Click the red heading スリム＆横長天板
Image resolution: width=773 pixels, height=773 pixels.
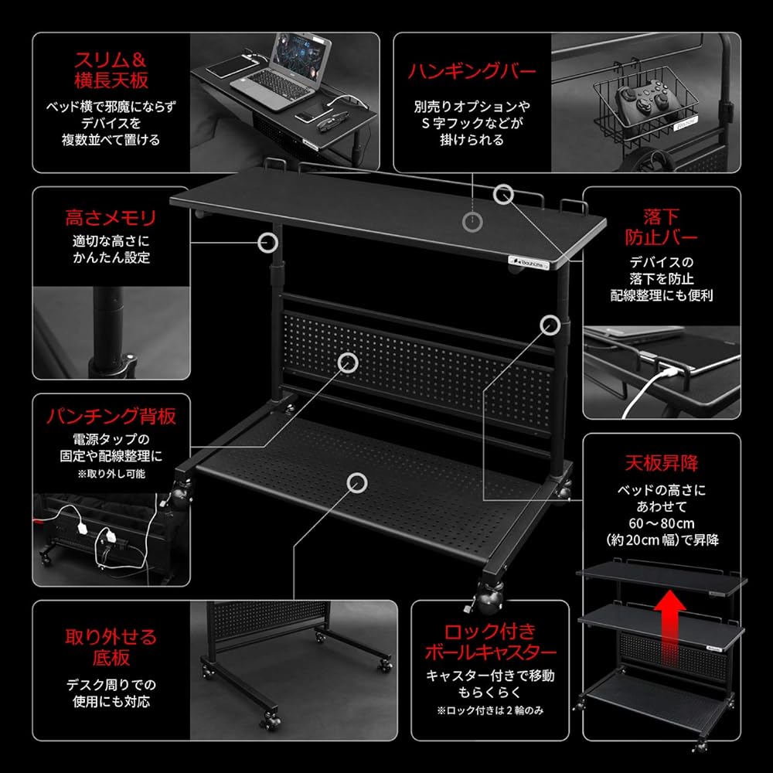click(111, 69)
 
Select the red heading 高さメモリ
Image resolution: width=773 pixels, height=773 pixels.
click(110, 217)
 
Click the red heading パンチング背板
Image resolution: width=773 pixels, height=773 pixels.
click(111, 417)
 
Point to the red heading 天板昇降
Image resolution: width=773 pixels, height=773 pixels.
click(660, 463)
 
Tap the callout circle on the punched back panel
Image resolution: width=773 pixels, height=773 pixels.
click(348, 361)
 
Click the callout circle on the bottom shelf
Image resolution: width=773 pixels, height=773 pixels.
click(356, 483)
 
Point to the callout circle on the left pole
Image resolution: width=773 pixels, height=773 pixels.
click(267, 243)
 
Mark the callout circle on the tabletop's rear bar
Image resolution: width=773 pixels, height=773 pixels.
click(504, 194)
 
